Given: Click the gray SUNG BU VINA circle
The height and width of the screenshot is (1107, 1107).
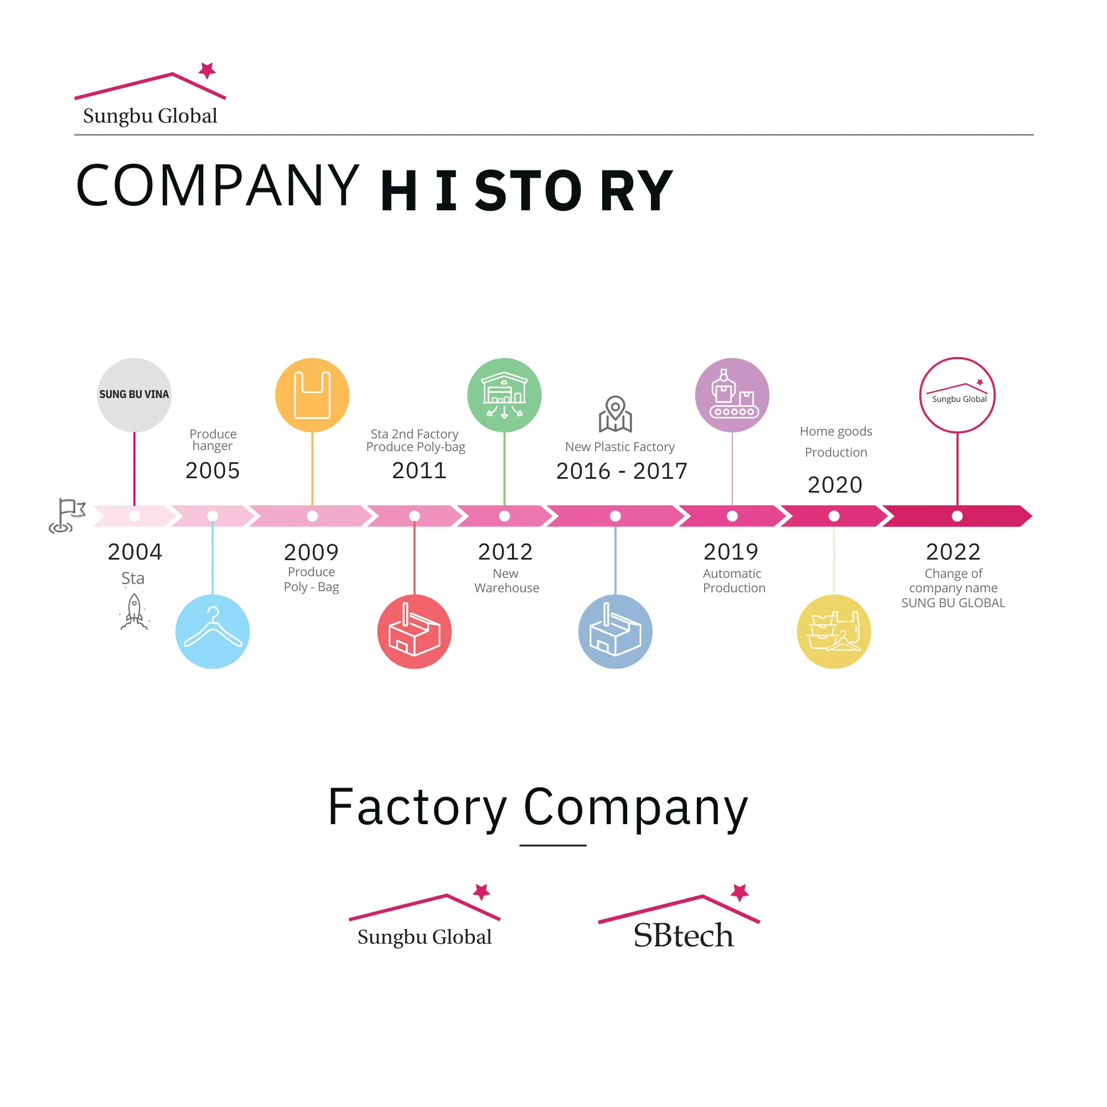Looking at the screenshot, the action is [x=134, y=395].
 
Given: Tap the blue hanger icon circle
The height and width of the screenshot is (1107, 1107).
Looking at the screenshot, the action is [x=213, y=632].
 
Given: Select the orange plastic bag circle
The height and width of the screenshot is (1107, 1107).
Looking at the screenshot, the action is [x=312, y=395].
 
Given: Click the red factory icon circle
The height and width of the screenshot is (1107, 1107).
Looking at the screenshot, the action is [x=414, y=632].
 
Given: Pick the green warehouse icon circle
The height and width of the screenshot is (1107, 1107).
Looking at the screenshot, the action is [x=504, y=395].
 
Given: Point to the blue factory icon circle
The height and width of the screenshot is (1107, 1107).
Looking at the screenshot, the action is [x=615, y=632].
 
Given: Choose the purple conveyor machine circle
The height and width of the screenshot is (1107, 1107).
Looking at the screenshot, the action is [x=732, y=395].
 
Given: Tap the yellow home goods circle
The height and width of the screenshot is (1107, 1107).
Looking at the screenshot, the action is [x=834, y=632].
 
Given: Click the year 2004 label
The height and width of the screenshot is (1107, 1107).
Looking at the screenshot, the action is [x=135, y=552].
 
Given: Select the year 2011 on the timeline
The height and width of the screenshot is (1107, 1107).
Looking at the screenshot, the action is [x=420, y=470].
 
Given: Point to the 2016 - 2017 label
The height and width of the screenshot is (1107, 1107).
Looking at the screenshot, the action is [x=622, y=471].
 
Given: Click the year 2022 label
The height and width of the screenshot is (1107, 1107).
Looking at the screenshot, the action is [x=954, y=552].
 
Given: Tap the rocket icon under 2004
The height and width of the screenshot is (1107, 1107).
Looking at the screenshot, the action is [x=135, y=612].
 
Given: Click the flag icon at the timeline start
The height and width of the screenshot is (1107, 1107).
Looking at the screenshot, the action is [x=67, y=515].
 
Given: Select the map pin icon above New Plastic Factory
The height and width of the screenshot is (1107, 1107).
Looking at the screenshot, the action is [x=615, y=413].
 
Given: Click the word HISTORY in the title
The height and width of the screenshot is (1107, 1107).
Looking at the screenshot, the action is [x=526, y=190].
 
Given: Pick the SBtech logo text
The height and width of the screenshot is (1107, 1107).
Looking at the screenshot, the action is [x=683, y=935].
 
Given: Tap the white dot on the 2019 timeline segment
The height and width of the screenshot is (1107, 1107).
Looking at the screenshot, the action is [x=732, y=516].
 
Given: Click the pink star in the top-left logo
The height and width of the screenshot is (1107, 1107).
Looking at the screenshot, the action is [x=207, y=70].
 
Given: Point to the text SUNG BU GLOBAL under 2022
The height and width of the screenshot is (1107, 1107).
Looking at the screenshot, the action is [x=954, y=603].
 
